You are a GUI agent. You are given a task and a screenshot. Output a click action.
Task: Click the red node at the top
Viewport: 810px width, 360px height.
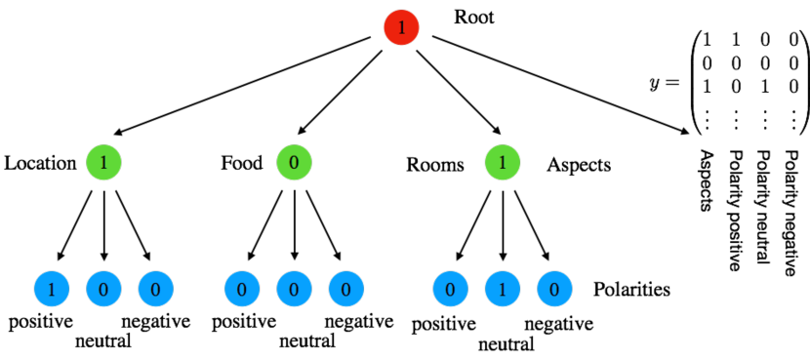tap(401, 27)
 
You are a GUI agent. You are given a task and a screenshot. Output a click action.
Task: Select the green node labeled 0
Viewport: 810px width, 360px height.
tap(294, 162)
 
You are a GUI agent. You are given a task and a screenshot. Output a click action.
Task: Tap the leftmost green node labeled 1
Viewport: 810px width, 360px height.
tap(103, 162)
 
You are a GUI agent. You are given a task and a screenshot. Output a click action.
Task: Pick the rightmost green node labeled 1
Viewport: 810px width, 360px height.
tap(503, 162)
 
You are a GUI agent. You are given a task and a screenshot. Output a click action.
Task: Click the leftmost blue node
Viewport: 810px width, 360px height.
tap(52, 289)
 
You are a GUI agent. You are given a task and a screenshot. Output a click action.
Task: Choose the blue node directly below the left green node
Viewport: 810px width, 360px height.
tap(103, 289)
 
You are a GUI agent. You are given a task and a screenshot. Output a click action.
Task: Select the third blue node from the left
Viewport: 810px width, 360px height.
tap(155, 289)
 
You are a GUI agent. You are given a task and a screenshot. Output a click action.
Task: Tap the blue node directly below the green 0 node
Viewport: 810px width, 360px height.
tap(294, 289)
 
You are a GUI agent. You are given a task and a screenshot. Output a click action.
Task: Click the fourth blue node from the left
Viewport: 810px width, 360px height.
tap(242, 289)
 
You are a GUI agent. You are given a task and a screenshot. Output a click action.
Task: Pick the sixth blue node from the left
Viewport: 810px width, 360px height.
tap(345, 289)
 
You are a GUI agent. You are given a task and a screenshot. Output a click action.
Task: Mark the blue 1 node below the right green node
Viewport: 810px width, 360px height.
tap(503, 289)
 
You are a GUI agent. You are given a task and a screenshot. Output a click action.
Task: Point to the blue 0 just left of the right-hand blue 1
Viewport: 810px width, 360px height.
tap(450, 289)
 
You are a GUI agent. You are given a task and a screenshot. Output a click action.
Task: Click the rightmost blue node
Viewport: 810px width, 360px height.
tap(554, 289)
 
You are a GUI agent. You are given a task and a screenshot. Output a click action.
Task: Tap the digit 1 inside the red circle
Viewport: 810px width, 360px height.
tap(401, 27)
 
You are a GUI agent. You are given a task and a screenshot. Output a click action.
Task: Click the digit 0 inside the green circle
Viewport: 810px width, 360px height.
tap(294, 162)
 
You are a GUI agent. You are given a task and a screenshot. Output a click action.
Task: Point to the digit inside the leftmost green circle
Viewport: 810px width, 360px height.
tap(103, 162)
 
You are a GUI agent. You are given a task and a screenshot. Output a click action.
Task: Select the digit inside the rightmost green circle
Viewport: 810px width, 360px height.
tap(503, 162)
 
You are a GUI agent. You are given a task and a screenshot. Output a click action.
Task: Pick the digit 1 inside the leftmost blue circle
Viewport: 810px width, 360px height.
tap(52, 289)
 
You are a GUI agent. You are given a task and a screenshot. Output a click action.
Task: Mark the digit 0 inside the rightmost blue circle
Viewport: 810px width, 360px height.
tap(554, 289)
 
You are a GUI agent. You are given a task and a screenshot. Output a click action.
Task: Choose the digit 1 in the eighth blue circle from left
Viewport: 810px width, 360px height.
tap(503, 289)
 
